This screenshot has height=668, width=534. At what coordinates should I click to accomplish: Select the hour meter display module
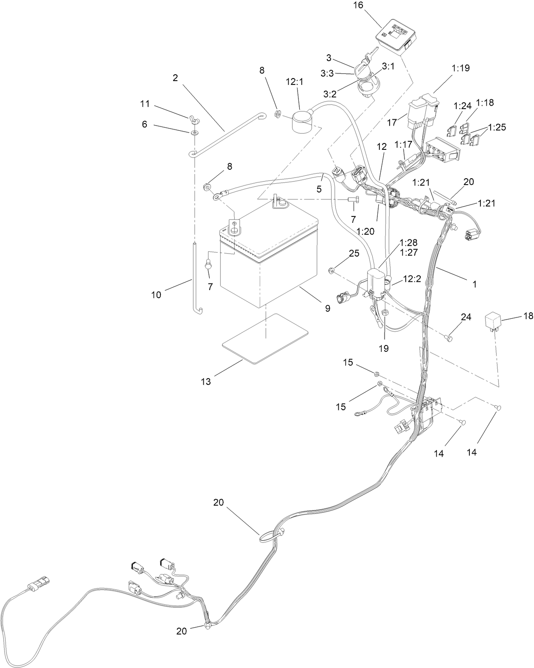(395, 38)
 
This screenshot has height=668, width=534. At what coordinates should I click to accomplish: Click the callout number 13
(205, 382)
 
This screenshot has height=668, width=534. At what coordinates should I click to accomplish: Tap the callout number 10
(156, 295)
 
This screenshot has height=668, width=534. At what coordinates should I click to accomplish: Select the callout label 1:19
(461, 68)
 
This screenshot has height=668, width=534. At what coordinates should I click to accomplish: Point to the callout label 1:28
(408, 243)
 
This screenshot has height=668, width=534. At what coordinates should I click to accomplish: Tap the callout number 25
(354, 253)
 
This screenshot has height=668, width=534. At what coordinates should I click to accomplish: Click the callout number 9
(327, 309)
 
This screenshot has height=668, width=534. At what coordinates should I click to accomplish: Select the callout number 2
(175, 78)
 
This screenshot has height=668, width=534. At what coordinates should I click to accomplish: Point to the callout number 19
(384, 348)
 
